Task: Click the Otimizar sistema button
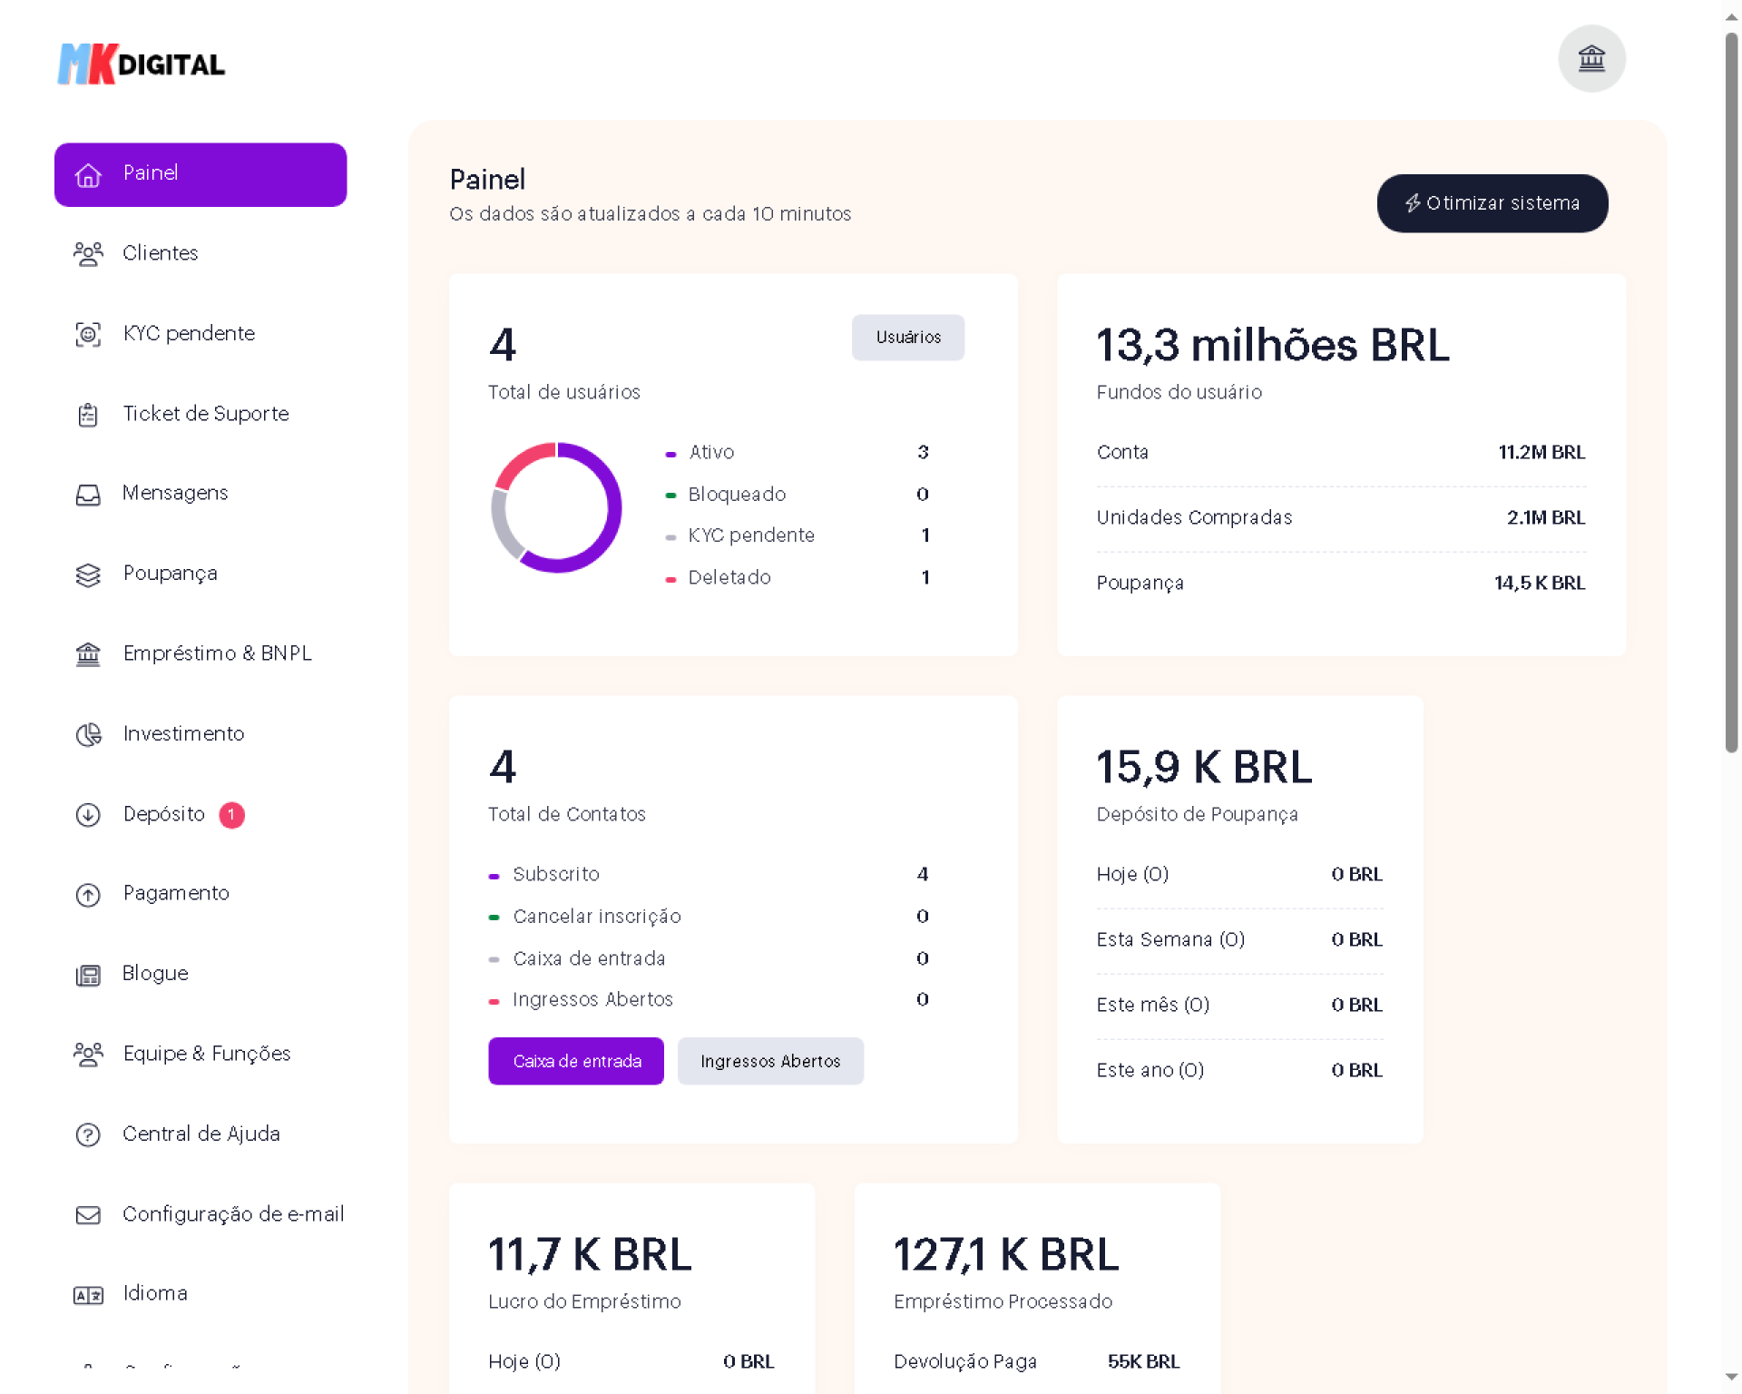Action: tap(1492, 203)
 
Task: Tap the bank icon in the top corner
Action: tap(1591, 59)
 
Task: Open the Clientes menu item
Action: tap(160, 253)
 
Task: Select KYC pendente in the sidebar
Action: tap(188, 334)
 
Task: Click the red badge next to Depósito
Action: tap(231, 815)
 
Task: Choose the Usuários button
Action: tap(907, 338)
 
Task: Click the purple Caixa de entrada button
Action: tap(576, 1061)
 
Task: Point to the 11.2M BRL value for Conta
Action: tap(1541, 453)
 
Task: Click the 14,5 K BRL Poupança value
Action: tap(1539, 584)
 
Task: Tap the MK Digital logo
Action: tap(142, 64)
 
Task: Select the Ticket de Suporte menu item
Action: tap(205, 414)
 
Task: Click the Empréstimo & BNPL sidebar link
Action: tap(217, 653)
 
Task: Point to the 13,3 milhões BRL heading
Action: tap(1272, 346)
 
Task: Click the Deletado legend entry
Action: tap(729, 578)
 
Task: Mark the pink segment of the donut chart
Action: tap(523, 461)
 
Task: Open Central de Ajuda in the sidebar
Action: tap(201, 1134)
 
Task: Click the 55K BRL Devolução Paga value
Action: tap(1143, 1361)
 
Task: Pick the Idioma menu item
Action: tap(154, 1293)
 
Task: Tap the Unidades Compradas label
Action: tap(1194, 518)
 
